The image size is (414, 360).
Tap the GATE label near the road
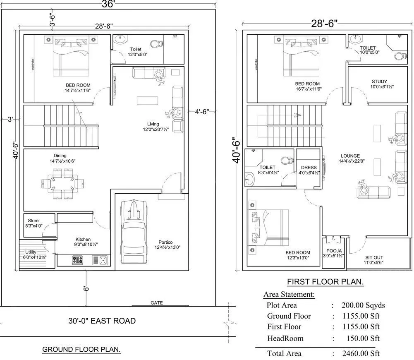157,303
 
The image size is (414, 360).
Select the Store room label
33,221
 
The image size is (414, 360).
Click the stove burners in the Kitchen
77,260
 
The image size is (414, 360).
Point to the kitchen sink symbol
100,260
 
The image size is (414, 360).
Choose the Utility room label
31,252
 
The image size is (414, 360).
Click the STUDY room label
379,82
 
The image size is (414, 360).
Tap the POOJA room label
334,251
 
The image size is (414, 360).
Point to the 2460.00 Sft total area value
360,353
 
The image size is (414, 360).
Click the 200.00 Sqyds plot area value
363,305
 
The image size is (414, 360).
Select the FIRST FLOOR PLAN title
325,282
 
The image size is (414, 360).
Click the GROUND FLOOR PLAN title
81,350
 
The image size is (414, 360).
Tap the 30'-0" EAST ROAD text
102,321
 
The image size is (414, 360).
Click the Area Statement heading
289,295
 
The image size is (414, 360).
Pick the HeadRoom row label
285,338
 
